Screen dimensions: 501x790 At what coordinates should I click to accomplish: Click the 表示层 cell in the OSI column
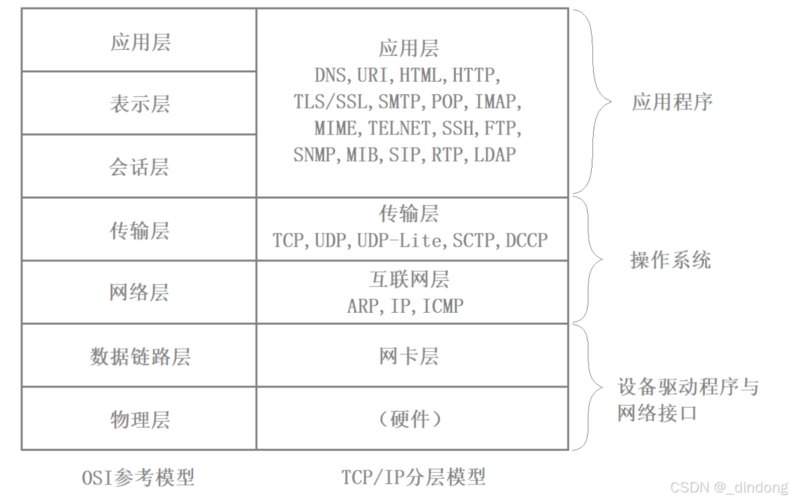(140, 104)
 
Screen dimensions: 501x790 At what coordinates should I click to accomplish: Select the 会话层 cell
(139, 167)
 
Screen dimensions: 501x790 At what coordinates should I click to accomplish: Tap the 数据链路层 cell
(140, 356)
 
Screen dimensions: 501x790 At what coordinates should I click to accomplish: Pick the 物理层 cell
(140, 419)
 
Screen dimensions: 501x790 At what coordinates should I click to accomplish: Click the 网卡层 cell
(409, 356)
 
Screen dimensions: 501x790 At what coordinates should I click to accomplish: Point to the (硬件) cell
(410, 419)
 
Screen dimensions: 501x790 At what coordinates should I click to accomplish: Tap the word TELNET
(400, 129)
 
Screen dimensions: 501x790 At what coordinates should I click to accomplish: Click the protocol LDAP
(495, 155)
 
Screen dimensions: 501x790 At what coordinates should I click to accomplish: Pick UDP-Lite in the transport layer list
(400, 240)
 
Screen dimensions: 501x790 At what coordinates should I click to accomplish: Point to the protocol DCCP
(526, 240)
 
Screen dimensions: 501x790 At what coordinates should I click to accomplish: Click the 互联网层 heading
(409, 280)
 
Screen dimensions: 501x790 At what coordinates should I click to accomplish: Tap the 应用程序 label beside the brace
(672, 102)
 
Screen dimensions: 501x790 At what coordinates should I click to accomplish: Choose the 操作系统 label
(671, 260)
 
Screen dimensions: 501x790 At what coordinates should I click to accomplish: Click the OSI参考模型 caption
(138, 477)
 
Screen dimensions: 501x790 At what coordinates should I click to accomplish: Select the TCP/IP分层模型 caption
(413, 477)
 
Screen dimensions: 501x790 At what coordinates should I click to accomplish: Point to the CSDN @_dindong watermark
(729, 487)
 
